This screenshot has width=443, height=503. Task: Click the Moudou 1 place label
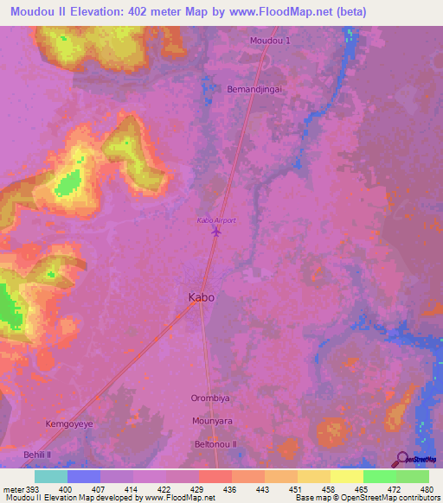pos(270,41)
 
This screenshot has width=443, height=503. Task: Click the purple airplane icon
pos(216,232)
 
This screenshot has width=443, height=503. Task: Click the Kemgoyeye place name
pos(71,424)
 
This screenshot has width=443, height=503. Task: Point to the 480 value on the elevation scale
pos(426,488)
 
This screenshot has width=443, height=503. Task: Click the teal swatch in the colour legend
pos(50,476)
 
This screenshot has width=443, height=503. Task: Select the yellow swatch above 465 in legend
pos(346,476)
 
